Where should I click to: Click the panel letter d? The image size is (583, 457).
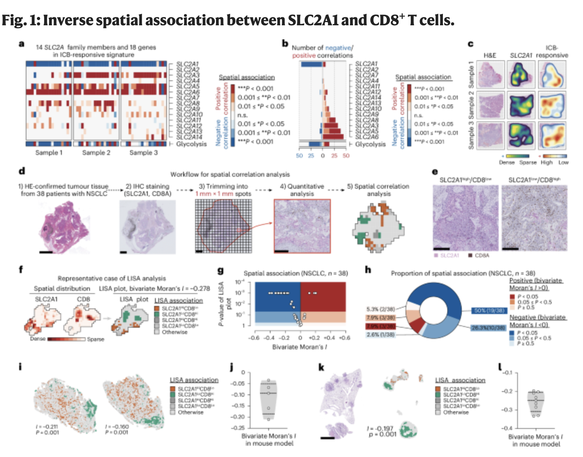[x=22, y=171]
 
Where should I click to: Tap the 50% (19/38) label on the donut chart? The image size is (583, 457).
[x=489, y=310]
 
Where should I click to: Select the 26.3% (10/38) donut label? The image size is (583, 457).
[x=488, y=328]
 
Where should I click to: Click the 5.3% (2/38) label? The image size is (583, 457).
[x=381, y=309]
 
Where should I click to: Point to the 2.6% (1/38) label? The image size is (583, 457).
[x=381, y=335]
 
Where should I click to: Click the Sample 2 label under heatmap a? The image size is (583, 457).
[x=96, y=153]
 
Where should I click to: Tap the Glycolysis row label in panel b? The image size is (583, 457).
[x=370, y=144]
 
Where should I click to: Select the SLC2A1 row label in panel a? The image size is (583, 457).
[x=188, y=64]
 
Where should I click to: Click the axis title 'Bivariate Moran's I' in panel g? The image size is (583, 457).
[x=300, y=347]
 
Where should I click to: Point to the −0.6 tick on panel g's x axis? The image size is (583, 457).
[x=254, y=338]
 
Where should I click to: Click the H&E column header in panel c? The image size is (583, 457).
[x=489, y=55]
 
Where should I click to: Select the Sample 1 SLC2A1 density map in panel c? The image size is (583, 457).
[x=521, y=75]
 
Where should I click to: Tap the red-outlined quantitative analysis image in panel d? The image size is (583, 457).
[x=302, y=226]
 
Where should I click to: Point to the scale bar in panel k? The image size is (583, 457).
[x=328, y=438]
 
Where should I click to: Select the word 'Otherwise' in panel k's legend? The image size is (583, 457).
[x=456, y=412]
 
